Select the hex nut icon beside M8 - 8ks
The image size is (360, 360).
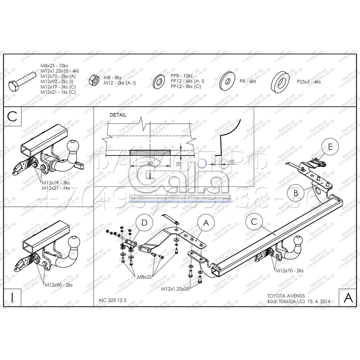[x=95, y=80]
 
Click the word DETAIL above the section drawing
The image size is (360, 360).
[x=118, y=115]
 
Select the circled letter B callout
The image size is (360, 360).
[x=296, y=193]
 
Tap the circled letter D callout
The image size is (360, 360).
[x=144, y=223]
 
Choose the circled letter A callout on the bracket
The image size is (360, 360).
[x=206, y=223]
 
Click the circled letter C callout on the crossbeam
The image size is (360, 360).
[x=254, y=222]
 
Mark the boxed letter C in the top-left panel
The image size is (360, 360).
[x=12, y=116]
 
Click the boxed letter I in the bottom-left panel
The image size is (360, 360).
[x=12, y=297]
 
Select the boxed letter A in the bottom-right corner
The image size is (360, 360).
[x=348, y=297]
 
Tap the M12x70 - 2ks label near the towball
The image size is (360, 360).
[x=289, y=270]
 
